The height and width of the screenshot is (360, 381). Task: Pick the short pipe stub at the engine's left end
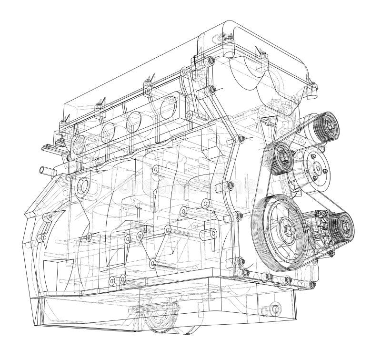tap(47, 170)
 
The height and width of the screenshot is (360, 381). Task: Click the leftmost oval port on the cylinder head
tap(80, 142)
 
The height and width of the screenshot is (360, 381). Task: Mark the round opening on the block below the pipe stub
tap(82, 185)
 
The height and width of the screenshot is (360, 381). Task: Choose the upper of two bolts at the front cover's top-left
tap(210, 61)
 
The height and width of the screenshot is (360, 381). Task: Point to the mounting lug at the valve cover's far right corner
tap(313, 86)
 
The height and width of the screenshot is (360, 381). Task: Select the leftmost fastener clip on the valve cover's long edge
tap(62, 125)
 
